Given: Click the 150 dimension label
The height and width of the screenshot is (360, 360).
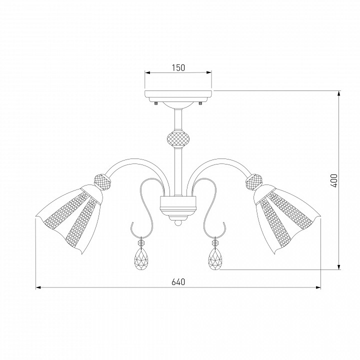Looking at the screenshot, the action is (178, 67).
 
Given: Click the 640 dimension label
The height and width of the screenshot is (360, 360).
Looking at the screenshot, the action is (178, 282).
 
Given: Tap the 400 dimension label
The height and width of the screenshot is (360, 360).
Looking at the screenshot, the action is (334, 180).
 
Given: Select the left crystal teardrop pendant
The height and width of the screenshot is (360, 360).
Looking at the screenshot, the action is (141, 259).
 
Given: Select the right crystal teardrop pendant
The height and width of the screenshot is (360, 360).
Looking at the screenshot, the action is (215, 259).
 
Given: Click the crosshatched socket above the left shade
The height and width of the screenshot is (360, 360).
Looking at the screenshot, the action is (103, 182).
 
